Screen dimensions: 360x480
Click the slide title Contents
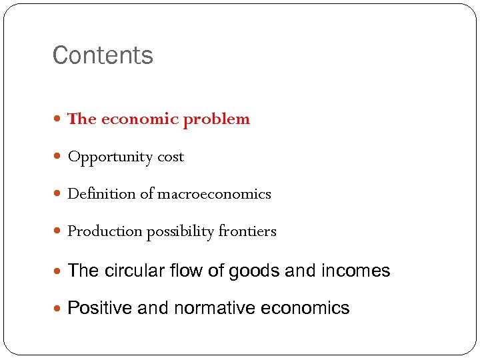click(103, 55)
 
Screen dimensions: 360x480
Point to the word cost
click(171, 157)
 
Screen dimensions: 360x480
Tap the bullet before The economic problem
click(59, 120)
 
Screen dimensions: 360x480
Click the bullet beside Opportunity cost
click(59, 157)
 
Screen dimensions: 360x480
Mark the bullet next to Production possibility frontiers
click(59, 232)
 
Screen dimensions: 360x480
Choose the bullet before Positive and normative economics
click(59, 309)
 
